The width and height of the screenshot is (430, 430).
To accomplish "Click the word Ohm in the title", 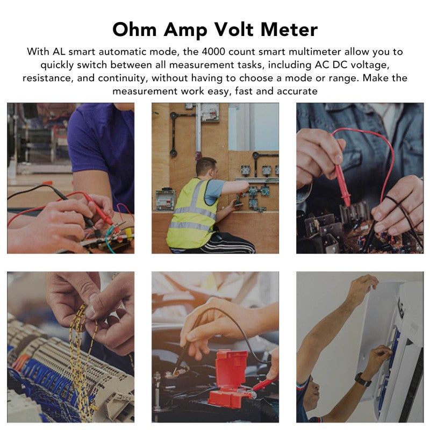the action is point(134,30).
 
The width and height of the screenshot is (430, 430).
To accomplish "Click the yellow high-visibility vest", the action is point(192,213).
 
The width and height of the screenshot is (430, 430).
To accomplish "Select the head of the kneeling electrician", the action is point(206,167).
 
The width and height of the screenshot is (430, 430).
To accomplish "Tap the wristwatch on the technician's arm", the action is point(362,379).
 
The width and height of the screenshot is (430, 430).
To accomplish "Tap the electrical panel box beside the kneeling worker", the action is point(166,199).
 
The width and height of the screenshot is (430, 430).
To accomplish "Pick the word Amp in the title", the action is point(185,30).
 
